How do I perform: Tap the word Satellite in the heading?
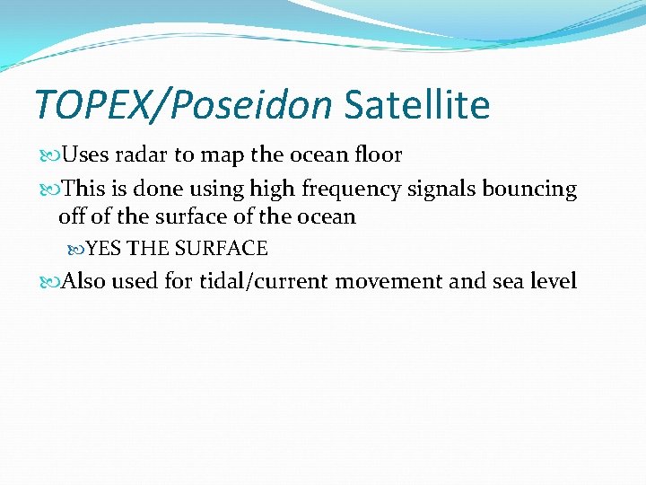tap(417, 105)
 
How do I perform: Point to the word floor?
tap(378, 154)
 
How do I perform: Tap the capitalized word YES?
tap(105, 249)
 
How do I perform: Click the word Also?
tap(84, 282)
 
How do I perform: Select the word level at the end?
tap(553, 282)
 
